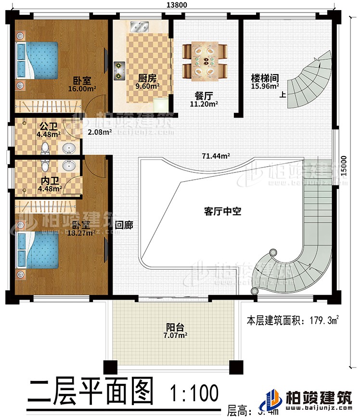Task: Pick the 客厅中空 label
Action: pos(222,210)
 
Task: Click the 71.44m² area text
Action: pos(215,156)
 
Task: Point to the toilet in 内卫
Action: pos(45,166)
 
